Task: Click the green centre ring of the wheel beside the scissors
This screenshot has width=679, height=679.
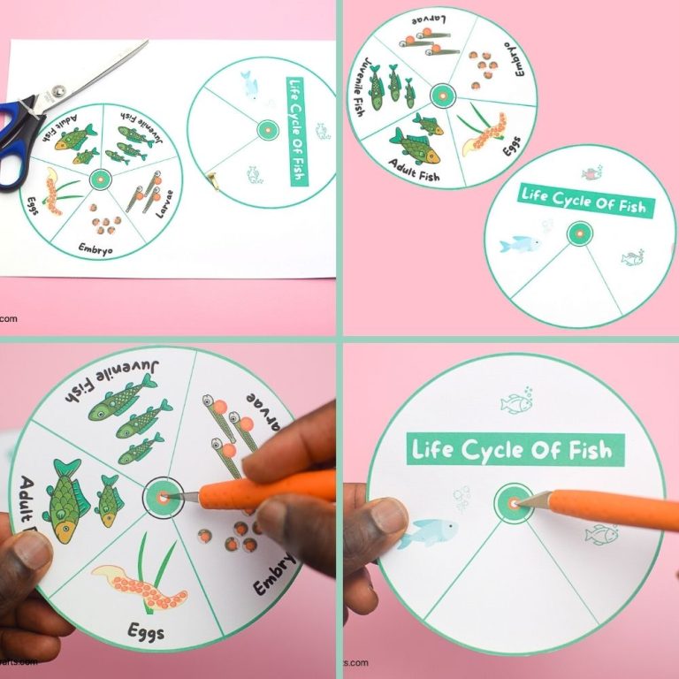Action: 97,178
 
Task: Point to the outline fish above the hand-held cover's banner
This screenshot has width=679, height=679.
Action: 517,403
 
